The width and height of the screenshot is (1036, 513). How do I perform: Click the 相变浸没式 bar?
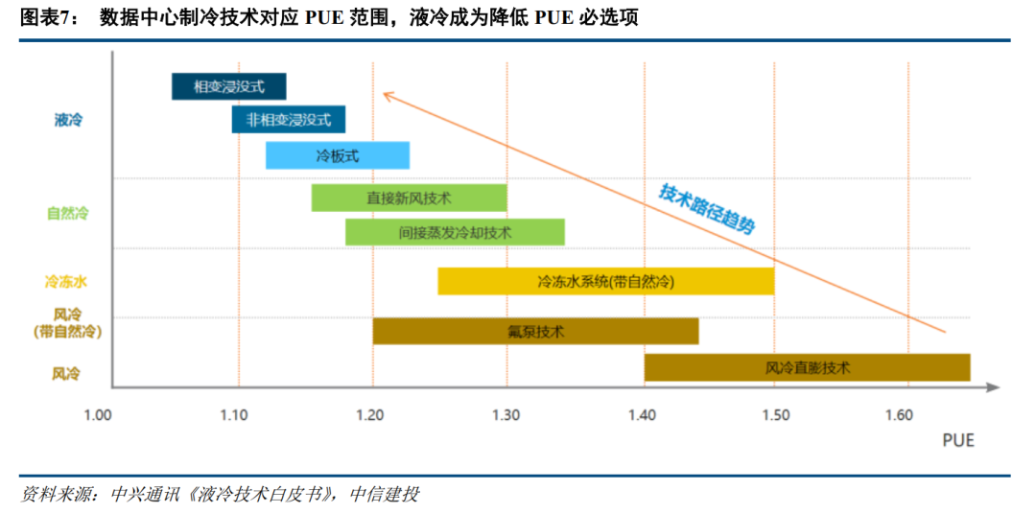point(228,86)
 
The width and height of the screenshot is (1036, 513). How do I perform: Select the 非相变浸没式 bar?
point(288,120)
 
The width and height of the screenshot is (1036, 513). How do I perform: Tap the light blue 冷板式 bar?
point(337,155)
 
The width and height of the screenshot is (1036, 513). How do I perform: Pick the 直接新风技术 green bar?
point(409,198)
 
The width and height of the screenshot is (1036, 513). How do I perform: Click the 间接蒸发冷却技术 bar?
point(455,232)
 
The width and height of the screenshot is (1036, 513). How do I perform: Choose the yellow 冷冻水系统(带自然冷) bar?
point(605,282)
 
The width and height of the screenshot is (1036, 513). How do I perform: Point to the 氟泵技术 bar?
point(535,332)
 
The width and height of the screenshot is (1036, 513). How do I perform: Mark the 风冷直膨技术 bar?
point(807,367)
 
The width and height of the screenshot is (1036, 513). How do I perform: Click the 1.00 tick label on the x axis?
point(98,415)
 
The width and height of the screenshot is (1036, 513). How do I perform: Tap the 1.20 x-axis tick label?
point(369,415)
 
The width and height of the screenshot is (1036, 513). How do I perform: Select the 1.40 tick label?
point(642,415)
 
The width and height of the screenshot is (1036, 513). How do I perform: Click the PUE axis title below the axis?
point(957,440)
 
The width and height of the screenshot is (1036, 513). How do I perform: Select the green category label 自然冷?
point(67,213)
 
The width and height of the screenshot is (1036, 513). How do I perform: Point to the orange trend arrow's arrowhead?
point(385,94)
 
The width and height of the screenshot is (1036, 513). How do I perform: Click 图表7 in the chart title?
point(48,18)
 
